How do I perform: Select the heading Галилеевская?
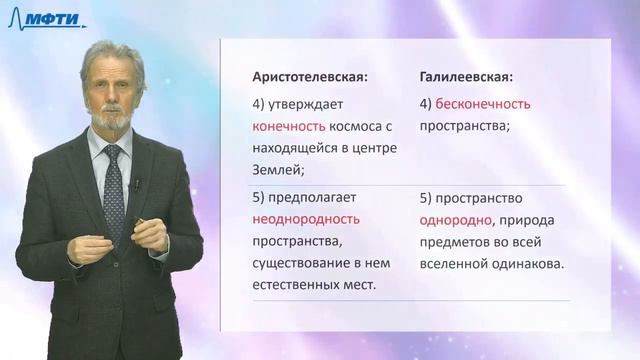pos(467,77)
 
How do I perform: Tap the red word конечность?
pos(289,126)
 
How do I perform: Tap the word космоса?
pos(357,126)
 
